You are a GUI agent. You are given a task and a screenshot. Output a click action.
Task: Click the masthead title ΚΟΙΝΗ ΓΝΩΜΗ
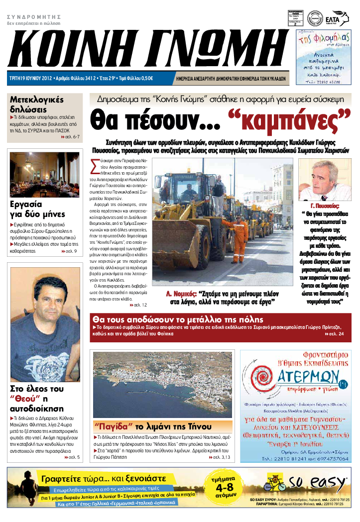144,49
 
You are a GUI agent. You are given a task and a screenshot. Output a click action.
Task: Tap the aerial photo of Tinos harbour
162,383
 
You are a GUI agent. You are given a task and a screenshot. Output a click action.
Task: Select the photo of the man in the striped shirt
45,325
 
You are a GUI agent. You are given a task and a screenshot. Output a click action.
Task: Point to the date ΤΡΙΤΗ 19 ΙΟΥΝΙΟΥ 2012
30,78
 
